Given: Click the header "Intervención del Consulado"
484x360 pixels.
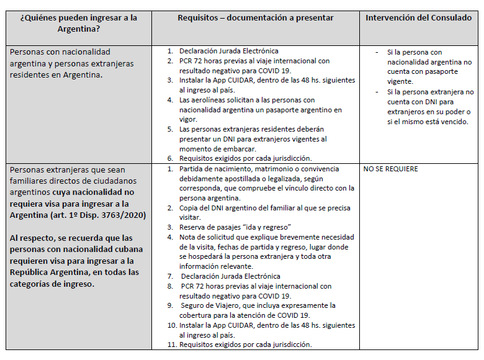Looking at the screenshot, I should tap(418, 18).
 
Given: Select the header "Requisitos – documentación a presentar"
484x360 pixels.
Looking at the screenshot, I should tap(255, 18).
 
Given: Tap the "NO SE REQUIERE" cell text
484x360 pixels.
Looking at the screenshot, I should tap(390, 169).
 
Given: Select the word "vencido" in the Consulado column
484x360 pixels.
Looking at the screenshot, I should tap(452, 122).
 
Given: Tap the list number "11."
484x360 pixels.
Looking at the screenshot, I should tap(171, 344).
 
